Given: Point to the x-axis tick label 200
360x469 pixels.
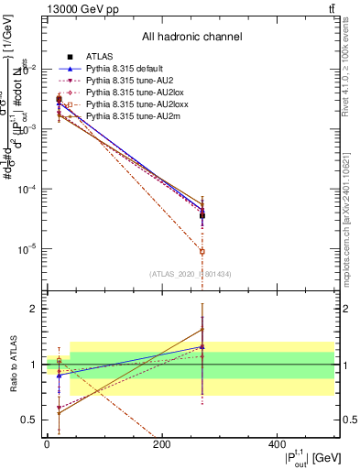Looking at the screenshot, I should (x=162, y=445).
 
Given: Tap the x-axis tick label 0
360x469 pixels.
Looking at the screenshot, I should (x=47, y=445).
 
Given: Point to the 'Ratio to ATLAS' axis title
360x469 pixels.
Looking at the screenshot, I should (x=12, y=366).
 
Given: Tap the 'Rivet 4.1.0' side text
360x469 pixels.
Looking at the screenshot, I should (x=353, y=69).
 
